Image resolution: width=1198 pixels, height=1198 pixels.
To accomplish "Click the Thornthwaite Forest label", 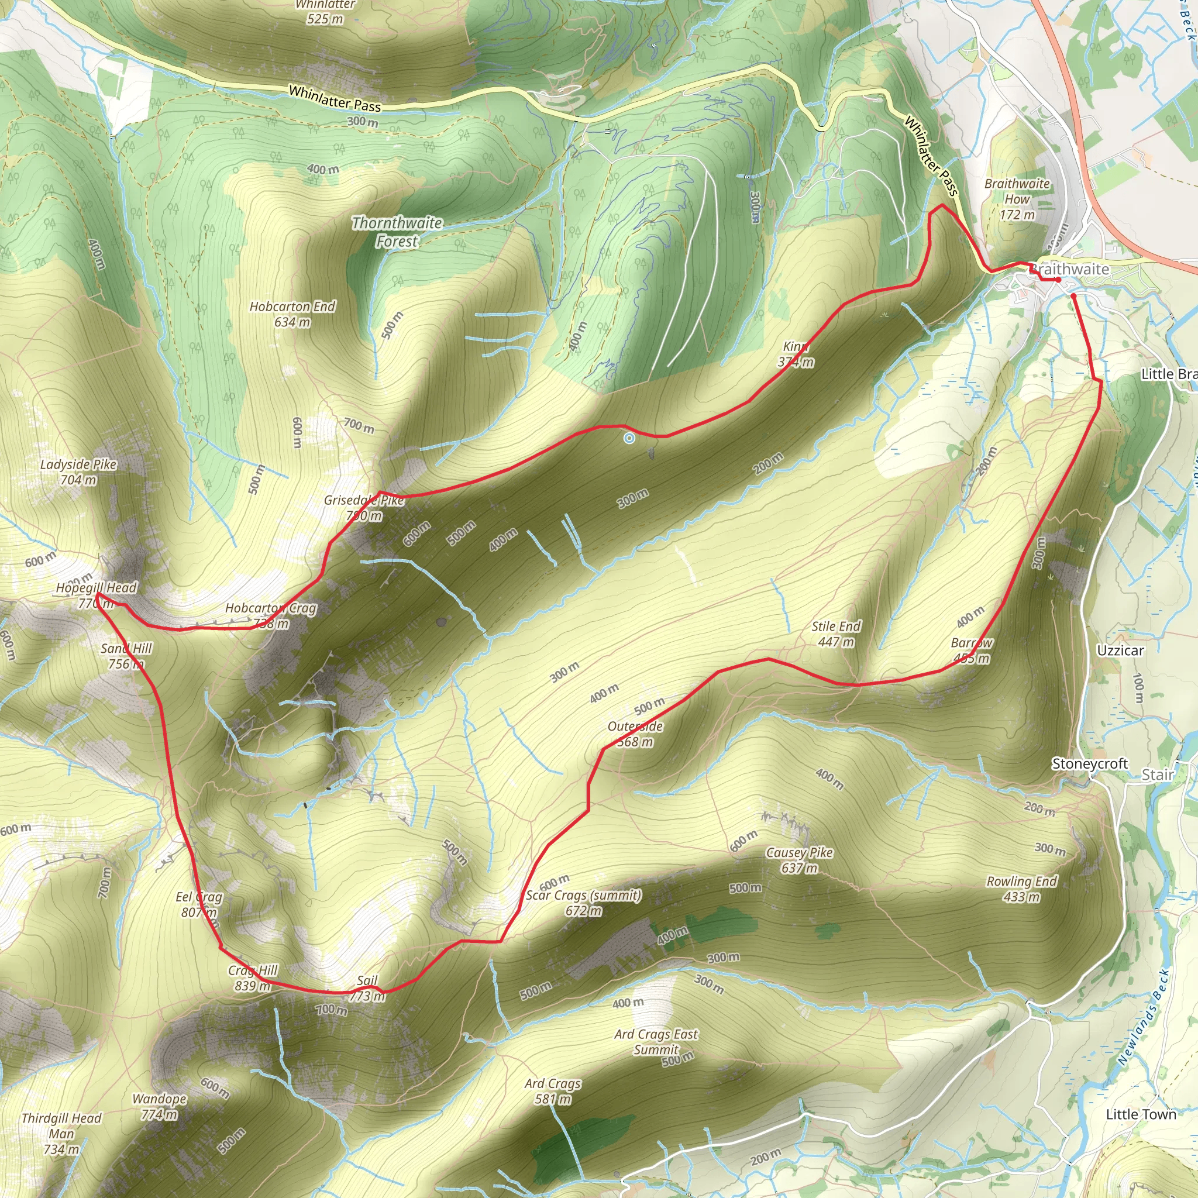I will click(x=397, y=232).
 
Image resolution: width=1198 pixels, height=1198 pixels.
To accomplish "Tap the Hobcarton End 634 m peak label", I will click(x=292, y=314).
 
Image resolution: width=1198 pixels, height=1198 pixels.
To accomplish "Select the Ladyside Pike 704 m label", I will click(x=78, y=472).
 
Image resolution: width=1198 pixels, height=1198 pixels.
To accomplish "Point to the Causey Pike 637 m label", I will click(x=799, y=860).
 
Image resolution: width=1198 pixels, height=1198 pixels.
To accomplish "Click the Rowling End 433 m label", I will click(x=1021, y=889).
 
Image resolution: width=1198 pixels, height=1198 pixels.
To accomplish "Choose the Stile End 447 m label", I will click(x=836, y=634).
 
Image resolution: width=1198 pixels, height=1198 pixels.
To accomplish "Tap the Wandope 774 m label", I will click(x=159, y=1106).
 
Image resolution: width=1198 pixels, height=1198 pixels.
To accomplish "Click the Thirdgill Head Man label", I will click(x=61, y=1134).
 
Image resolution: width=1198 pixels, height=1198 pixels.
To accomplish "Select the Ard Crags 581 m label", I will click(x=552, y=1092).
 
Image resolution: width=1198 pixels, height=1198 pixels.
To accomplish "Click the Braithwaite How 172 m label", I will click(x=1017, y=199).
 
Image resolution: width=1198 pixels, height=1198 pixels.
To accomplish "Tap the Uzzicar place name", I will click(x=1120, y=650).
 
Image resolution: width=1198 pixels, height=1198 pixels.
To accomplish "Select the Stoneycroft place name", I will click(x=1089, y=764).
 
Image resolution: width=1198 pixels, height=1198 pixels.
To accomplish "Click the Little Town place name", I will click(x=1141, y=1114).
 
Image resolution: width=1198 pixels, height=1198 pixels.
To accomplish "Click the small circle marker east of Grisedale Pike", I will click(x=629, y=438).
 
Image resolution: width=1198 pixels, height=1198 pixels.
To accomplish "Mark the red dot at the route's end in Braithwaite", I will click(x=1058, y=280).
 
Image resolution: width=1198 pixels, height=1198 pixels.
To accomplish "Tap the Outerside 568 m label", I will click(x=635, y=734).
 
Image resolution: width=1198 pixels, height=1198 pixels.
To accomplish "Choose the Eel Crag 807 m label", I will click(x=199, y=904).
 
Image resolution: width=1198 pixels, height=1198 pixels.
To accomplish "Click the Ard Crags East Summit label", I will click(x=656, y=1042).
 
